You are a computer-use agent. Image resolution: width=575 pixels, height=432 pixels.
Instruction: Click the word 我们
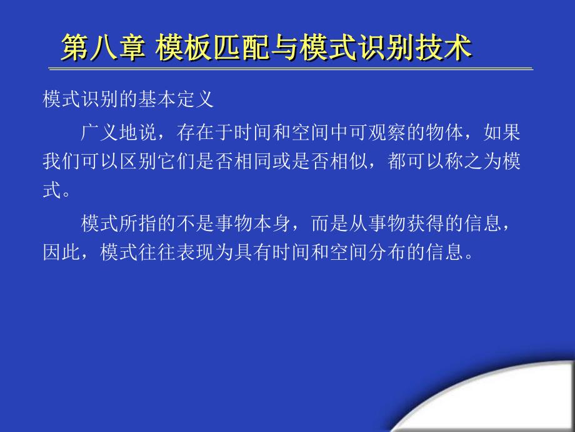[61, 161]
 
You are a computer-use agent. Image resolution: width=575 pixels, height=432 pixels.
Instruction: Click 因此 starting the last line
[61, 252]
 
